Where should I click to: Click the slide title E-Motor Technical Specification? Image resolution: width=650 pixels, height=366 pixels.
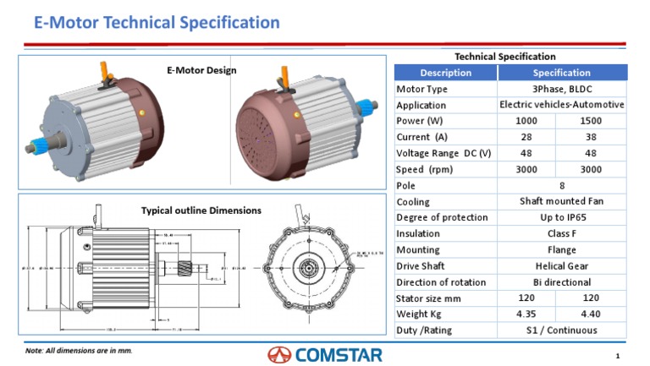click(157, 23)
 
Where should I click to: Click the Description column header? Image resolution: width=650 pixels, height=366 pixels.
click(445, 73)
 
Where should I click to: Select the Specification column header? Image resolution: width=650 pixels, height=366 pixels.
click(561, 73)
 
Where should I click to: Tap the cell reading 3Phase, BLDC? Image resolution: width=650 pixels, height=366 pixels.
click(561, 89)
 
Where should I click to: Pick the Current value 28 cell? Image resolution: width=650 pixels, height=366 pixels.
click(526, 137)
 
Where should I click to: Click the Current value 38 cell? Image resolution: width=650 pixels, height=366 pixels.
click(591, 137)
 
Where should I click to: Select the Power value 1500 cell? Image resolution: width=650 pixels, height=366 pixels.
click(591, 121)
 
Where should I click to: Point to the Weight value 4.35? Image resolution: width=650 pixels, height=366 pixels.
click(526, 314)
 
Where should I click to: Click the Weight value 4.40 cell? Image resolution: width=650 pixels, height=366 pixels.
click(591, 314)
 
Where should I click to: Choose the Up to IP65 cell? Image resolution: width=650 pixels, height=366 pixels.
click(561, 218)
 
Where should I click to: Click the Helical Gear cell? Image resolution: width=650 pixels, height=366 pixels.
click(561, 266)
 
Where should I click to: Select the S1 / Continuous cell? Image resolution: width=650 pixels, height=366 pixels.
click(561, 330)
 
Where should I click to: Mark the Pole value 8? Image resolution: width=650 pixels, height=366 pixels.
click(561, 186)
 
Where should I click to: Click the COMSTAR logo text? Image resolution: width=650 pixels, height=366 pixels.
click(339, 354)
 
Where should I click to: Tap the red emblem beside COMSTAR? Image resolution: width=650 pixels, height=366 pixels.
click(279, 354)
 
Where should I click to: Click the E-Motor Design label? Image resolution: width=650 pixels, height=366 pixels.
click(201, 70)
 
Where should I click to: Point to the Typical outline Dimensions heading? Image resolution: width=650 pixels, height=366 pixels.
click(201, 210)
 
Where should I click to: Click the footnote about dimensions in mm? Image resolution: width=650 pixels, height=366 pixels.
click(79, 350)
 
